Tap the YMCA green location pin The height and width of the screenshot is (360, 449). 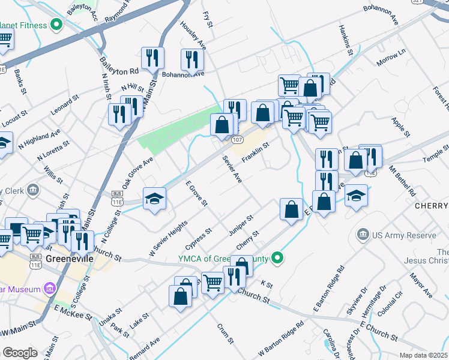tap(277, 259)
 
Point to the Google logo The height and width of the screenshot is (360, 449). tap(19, 353)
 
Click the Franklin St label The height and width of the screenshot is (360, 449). tap(256, 152)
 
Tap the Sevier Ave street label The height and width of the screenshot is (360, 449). tap(232, 171)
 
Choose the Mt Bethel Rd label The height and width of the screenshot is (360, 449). tap(403, 182)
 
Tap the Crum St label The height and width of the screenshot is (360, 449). tap(224, 332)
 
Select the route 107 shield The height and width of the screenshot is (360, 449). tap(237, 140)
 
